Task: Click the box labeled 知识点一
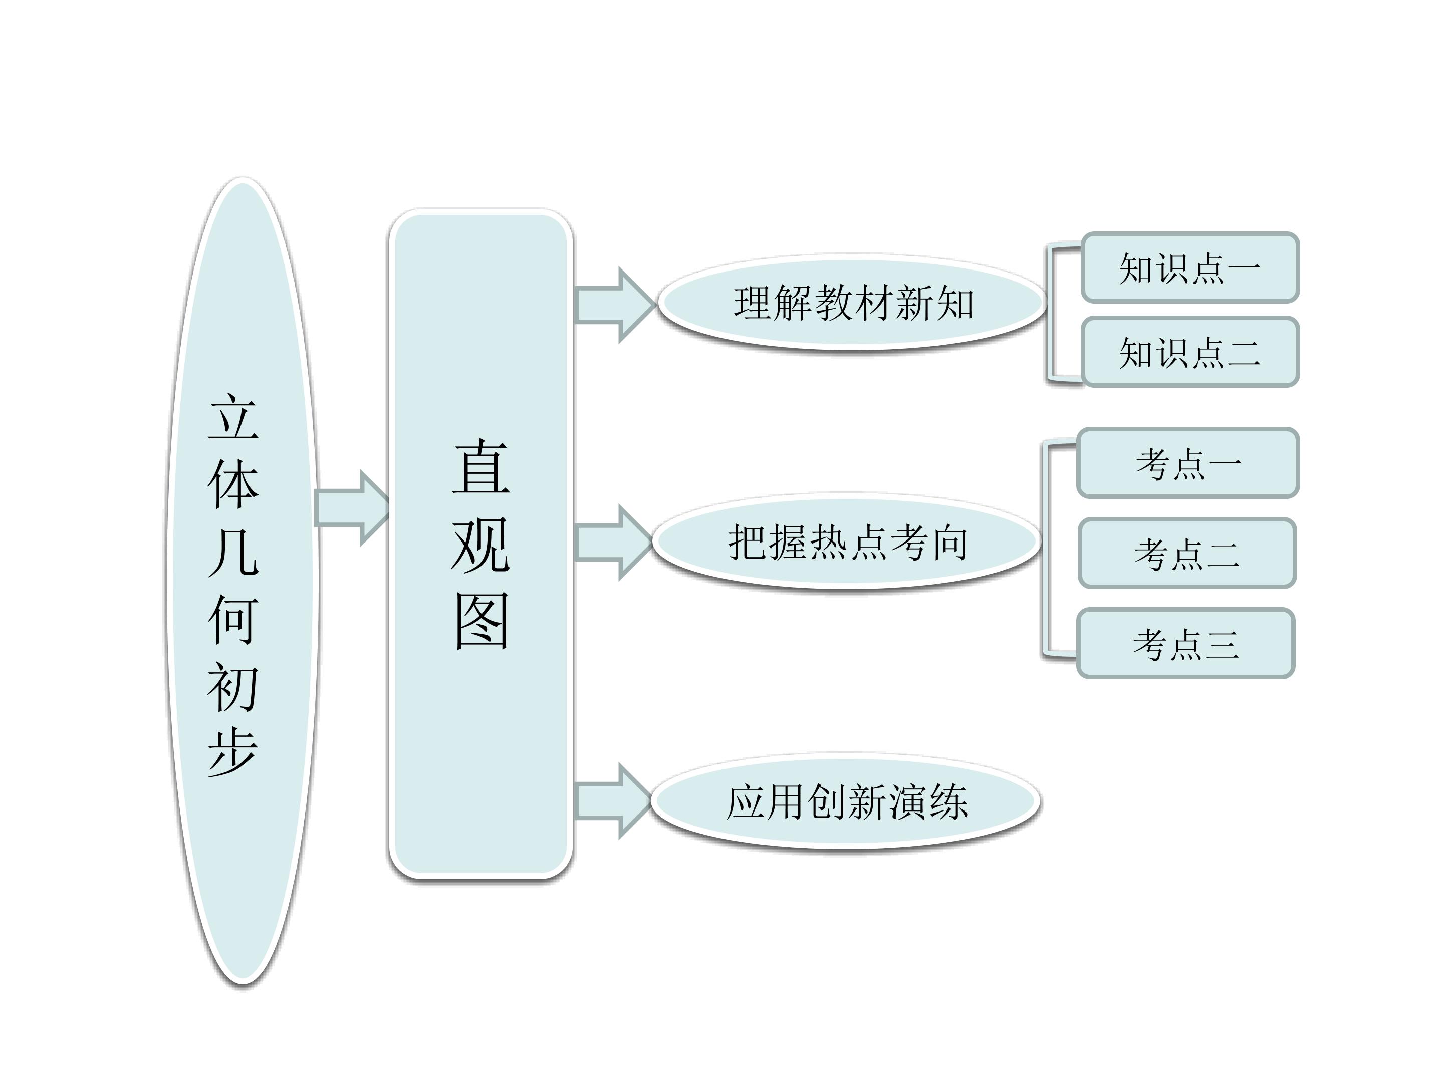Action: coord(1189,268)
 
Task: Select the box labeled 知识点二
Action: coord(1189,352)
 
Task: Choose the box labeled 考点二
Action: coord(1186,554)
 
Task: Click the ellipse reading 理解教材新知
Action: coord(853,303)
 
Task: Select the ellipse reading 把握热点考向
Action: coord(847,542)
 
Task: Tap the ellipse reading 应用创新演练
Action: coord(846,801)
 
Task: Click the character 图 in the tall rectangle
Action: coord(481,621)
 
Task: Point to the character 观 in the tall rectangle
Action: coord(481,545)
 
